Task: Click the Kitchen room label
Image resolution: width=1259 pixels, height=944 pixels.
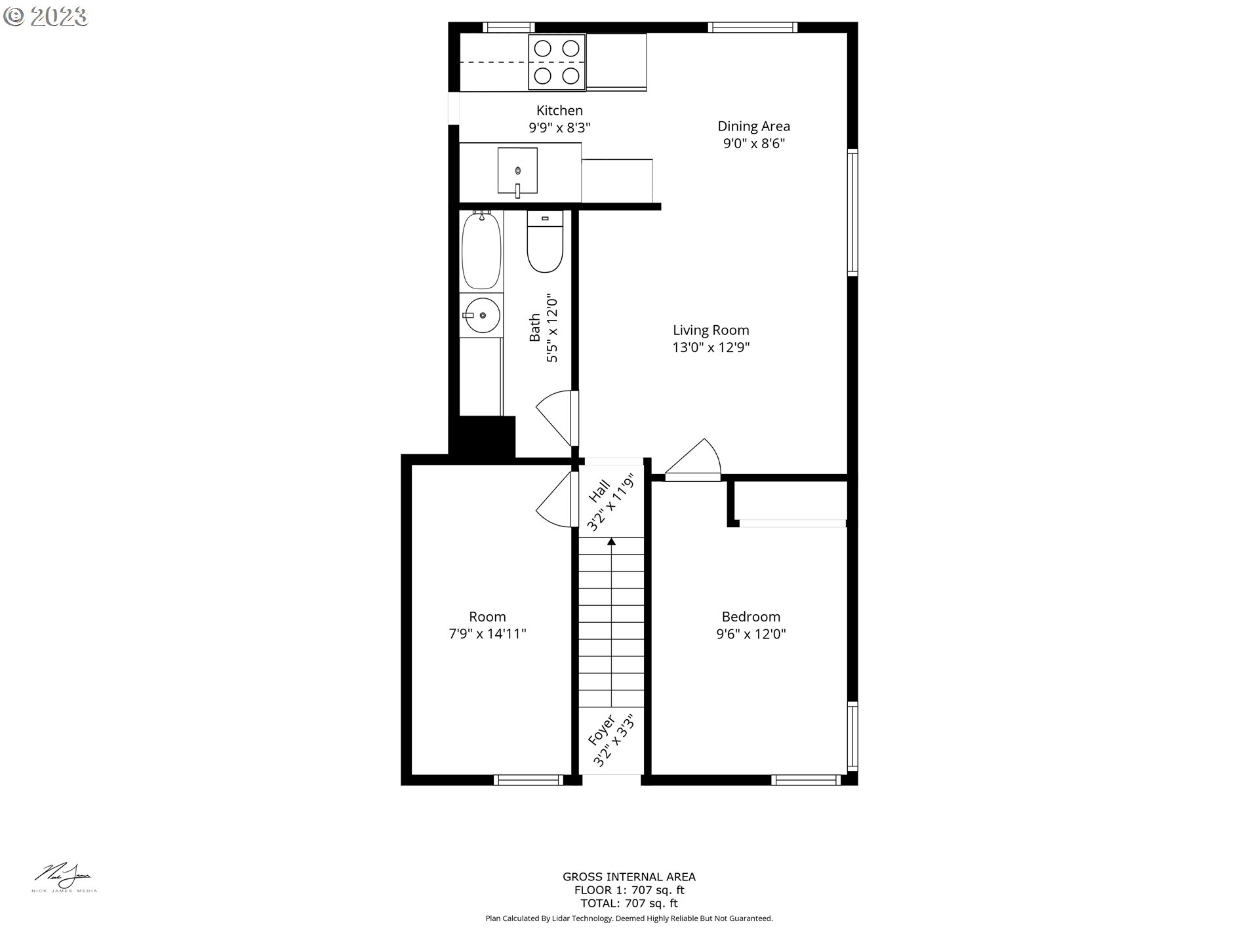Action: (559, 111)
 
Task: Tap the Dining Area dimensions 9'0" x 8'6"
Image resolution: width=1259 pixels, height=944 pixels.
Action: (753, 144)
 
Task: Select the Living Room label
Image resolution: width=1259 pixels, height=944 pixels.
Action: (711, 330)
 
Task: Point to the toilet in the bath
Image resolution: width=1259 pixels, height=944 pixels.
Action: (545, 243)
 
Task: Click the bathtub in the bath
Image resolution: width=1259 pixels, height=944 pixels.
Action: (481, 251)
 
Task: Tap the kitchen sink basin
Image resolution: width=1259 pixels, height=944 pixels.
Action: (517, 170)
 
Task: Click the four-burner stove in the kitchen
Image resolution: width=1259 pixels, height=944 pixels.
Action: (557, 62)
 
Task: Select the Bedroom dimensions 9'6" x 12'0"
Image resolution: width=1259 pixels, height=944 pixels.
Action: (751, 634)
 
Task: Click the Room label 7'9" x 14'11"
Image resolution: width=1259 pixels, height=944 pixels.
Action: (487, 625)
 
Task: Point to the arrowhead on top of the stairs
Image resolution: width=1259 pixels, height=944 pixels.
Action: (611, 541)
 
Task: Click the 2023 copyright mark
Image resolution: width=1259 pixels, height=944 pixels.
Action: (45, 16)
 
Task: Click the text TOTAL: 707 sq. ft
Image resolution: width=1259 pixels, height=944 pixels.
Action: (629, 903)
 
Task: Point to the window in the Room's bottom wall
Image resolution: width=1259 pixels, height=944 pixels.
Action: (528, 779)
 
